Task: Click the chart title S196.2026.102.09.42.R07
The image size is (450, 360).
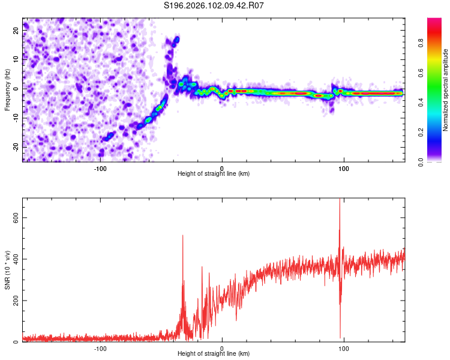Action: (214, 5)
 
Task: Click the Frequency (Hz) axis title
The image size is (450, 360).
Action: (7, 89)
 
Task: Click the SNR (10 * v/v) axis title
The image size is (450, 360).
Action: (7, 269)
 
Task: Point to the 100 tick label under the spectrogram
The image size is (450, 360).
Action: (344, 168)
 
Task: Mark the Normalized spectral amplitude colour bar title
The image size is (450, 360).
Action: (445, 90)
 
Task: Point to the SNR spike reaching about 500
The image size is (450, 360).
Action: (182, 237)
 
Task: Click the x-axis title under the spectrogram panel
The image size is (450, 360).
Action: (214, 174)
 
